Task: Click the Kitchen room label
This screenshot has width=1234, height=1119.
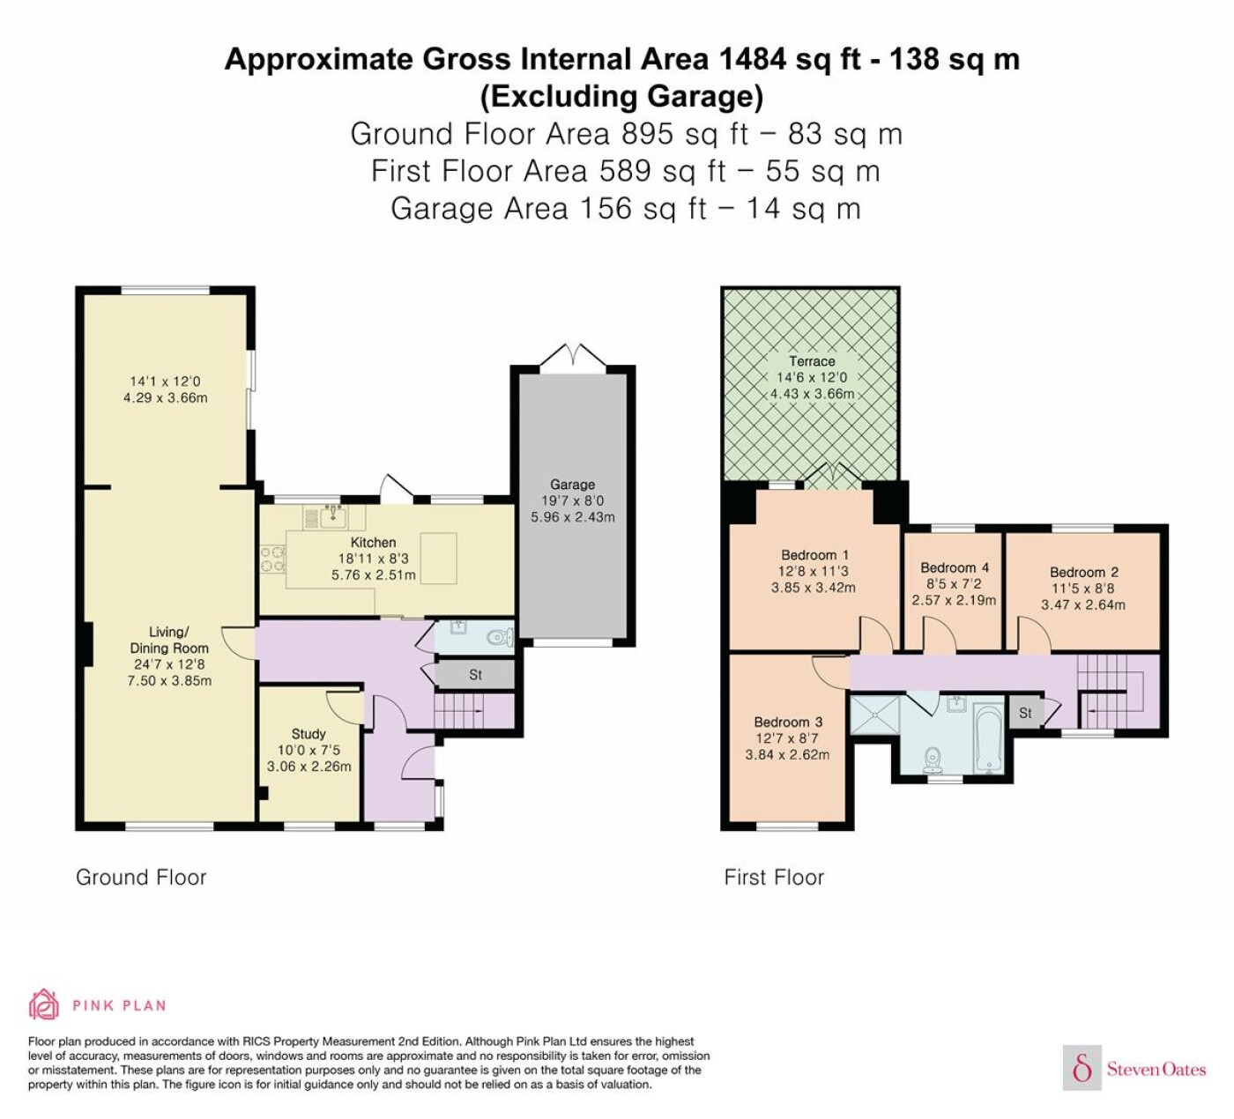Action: pos(373,543)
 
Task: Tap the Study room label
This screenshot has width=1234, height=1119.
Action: pos(308,734)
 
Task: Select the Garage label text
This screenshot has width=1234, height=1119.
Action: pos(572,485)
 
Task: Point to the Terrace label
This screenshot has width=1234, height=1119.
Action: pos(812,361)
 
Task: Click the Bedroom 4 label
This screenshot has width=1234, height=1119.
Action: pos(954,567)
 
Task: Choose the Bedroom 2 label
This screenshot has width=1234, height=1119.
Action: pos(1083,572)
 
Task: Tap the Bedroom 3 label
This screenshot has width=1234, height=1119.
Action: pos(788,722)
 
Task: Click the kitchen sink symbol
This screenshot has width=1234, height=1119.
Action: pos(333,517)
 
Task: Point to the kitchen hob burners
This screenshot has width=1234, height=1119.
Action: pos(273,559)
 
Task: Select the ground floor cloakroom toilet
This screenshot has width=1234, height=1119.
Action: pos(500,637)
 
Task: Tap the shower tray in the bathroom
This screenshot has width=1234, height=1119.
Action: pos(874,715)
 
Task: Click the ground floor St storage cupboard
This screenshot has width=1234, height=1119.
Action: pos(475,675)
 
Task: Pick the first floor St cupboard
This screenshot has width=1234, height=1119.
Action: pos(1025,713)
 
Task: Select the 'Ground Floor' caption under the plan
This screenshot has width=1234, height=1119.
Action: pos(141,878)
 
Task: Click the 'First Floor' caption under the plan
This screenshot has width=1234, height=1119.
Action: pos(774,878)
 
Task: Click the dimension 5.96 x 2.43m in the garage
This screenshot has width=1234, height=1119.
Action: pos(573,517)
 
